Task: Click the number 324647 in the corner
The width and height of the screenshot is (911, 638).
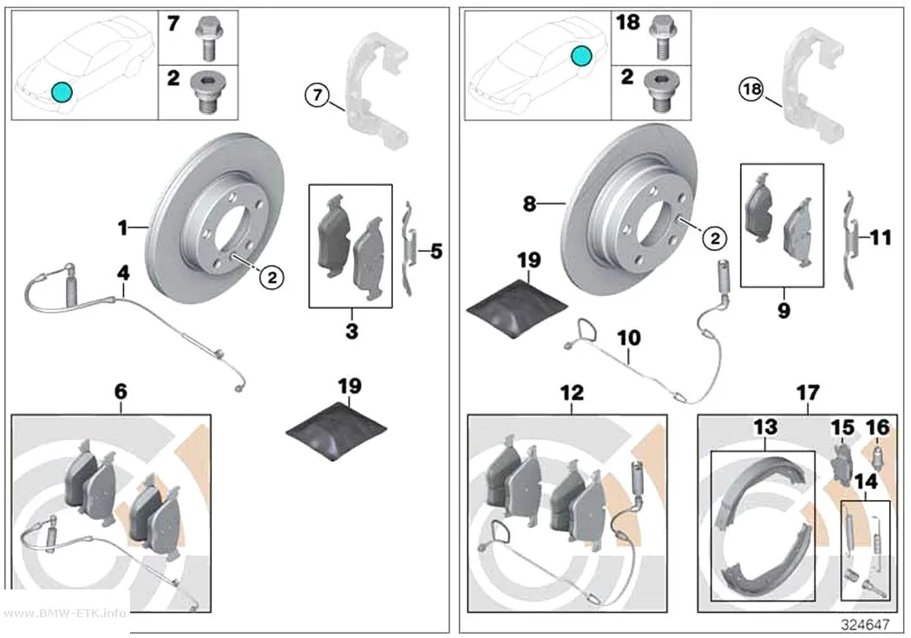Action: [865, 624]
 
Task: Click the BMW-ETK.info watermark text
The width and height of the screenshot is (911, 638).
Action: [64, 613]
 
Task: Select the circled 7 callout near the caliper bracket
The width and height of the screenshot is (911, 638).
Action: [318, 94]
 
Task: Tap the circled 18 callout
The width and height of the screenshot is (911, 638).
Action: [752, 89]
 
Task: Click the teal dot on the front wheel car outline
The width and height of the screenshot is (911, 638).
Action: [61, 91]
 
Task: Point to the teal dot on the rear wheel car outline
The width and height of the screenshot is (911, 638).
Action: [581, 56]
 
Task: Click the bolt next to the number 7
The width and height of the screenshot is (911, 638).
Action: [207, 38]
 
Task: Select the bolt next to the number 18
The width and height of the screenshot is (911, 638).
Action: [660, 37]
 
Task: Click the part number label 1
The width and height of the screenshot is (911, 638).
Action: [122, 227]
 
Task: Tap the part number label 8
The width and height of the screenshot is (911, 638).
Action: [529, 204]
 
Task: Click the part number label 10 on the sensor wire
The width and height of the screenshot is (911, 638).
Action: [628, 338]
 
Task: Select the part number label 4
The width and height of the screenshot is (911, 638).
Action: [123, 273]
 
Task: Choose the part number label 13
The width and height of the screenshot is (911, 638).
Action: [765, 427]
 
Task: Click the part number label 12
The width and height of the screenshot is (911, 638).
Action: [572, 393]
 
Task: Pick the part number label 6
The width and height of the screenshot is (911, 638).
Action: [121, 391]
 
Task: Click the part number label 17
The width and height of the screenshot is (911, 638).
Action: [808, 393]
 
